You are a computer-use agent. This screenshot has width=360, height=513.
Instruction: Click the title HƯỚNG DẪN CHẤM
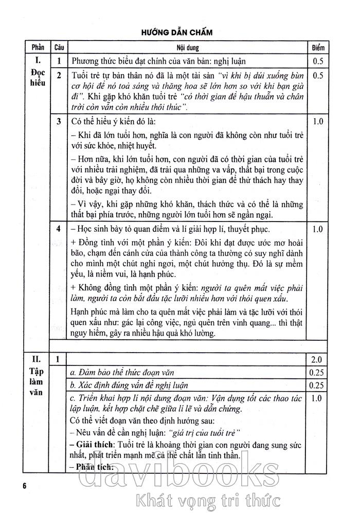click(179, 32)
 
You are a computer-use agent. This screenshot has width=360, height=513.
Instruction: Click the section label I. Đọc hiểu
click(38, 72)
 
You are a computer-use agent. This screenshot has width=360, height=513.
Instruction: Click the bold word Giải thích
click(93, 443)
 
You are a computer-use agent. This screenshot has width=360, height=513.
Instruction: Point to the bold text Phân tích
click(91, 466)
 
